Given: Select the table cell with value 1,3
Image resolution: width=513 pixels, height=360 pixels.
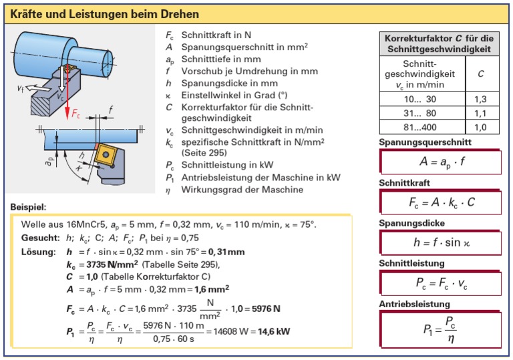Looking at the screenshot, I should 480,98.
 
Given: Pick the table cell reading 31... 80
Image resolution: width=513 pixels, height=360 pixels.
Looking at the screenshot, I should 421,113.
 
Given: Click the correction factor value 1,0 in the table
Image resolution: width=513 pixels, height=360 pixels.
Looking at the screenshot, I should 480,127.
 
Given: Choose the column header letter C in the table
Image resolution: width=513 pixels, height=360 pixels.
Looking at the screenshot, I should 480,73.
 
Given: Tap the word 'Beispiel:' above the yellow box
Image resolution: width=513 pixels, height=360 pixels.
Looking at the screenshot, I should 29,208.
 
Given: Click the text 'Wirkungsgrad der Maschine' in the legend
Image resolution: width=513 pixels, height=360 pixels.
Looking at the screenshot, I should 242,190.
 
